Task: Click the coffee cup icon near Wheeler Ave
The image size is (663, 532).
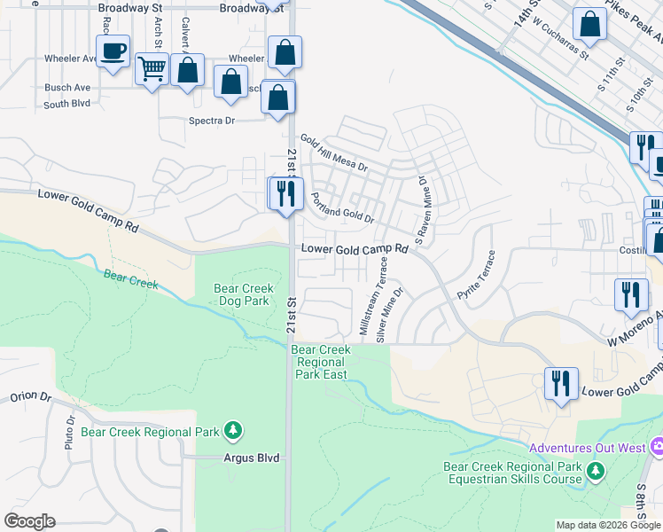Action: click(113, 51)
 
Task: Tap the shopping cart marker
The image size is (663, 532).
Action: click(152, 67)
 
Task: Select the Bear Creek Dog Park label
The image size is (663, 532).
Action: click(242, 293)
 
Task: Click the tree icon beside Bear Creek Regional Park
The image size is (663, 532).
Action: click(233, 431)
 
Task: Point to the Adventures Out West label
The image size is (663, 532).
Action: click(587, 448)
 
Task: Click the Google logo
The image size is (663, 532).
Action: click(29, 521)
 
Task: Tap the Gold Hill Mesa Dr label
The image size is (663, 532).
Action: click(333, 153)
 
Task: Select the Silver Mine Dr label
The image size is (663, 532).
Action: click(390, 314)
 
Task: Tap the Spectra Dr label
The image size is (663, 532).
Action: click(211, 121)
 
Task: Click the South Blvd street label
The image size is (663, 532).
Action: click(67, 104)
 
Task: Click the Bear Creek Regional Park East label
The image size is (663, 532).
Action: click(321, 362)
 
